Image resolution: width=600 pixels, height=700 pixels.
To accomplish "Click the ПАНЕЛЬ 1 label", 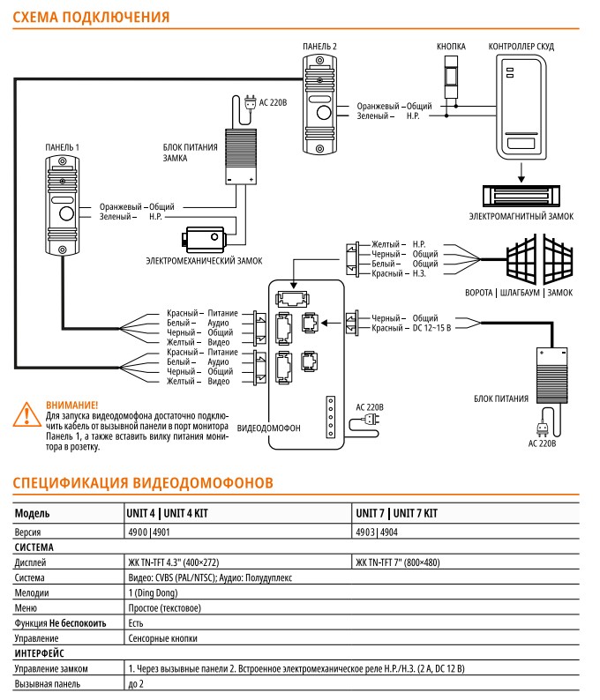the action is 62,147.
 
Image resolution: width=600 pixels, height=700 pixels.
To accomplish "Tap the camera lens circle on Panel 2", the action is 324,112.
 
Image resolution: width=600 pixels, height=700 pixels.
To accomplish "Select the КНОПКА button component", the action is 451,77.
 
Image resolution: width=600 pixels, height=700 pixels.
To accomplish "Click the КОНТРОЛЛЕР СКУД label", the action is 521,47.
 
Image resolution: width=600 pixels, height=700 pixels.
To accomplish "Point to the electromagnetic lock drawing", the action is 521,196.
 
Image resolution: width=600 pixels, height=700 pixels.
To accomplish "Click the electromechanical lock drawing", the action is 204,239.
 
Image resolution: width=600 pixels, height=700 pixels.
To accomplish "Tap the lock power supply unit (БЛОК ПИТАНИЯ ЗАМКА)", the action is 241,156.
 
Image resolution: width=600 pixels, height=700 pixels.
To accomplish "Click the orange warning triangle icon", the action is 26,414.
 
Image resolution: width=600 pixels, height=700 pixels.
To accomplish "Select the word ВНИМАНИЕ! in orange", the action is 72,405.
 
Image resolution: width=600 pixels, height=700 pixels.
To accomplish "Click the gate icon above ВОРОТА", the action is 539,259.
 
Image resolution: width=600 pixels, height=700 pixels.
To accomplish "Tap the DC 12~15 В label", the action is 431,328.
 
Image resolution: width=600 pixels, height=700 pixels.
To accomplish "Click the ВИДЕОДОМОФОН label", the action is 268,428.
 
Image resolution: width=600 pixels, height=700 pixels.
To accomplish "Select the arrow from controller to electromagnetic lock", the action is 521,173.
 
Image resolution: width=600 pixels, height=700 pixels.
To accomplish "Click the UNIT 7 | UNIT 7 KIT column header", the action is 397,513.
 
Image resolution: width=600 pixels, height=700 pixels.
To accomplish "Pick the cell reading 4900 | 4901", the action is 149,532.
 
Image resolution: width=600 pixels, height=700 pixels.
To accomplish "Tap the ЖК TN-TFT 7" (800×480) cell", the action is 398,562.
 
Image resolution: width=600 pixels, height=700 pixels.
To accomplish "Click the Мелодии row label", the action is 32,592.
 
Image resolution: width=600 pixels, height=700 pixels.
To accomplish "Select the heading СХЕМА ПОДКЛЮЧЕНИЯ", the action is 91,17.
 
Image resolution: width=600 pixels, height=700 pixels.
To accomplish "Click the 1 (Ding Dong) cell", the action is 153,592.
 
